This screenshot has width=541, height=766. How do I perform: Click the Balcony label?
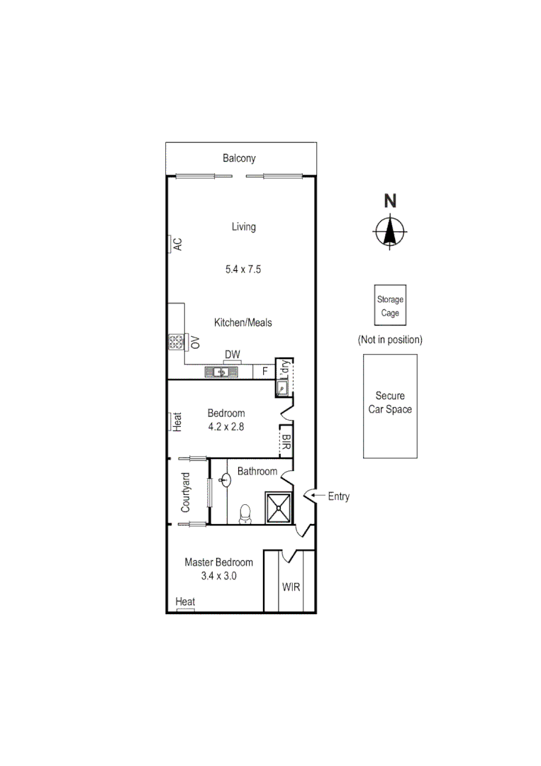tap(239, 158)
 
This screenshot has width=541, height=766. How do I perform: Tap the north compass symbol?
tap(389, 231)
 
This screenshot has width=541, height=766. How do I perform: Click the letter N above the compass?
tap(390, 201)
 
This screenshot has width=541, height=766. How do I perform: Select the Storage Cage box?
tap(390, 306)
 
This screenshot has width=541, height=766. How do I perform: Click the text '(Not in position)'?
tap(390, 340)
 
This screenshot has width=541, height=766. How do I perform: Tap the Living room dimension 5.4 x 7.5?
tap(243, 270)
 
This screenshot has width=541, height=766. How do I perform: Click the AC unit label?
tap(178, 244)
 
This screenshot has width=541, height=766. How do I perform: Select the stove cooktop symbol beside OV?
tap(175, 343)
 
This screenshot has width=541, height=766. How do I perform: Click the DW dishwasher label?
tap(232, 355)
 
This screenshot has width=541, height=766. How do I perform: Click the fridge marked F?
tap(264, 371)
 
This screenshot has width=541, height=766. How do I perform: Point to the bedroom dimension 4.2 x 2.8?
tap(226, 427)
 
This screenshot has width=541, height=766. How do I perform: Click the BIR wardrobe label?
tap(286, 443)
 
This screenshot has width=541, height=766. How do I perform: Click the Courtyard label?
tap(186, 492)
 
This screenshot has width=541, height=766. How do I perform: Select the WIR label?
tap(290, 588)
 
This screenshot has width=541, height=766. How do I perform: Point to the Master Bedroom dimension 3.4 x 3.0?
tap(218, 576)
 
